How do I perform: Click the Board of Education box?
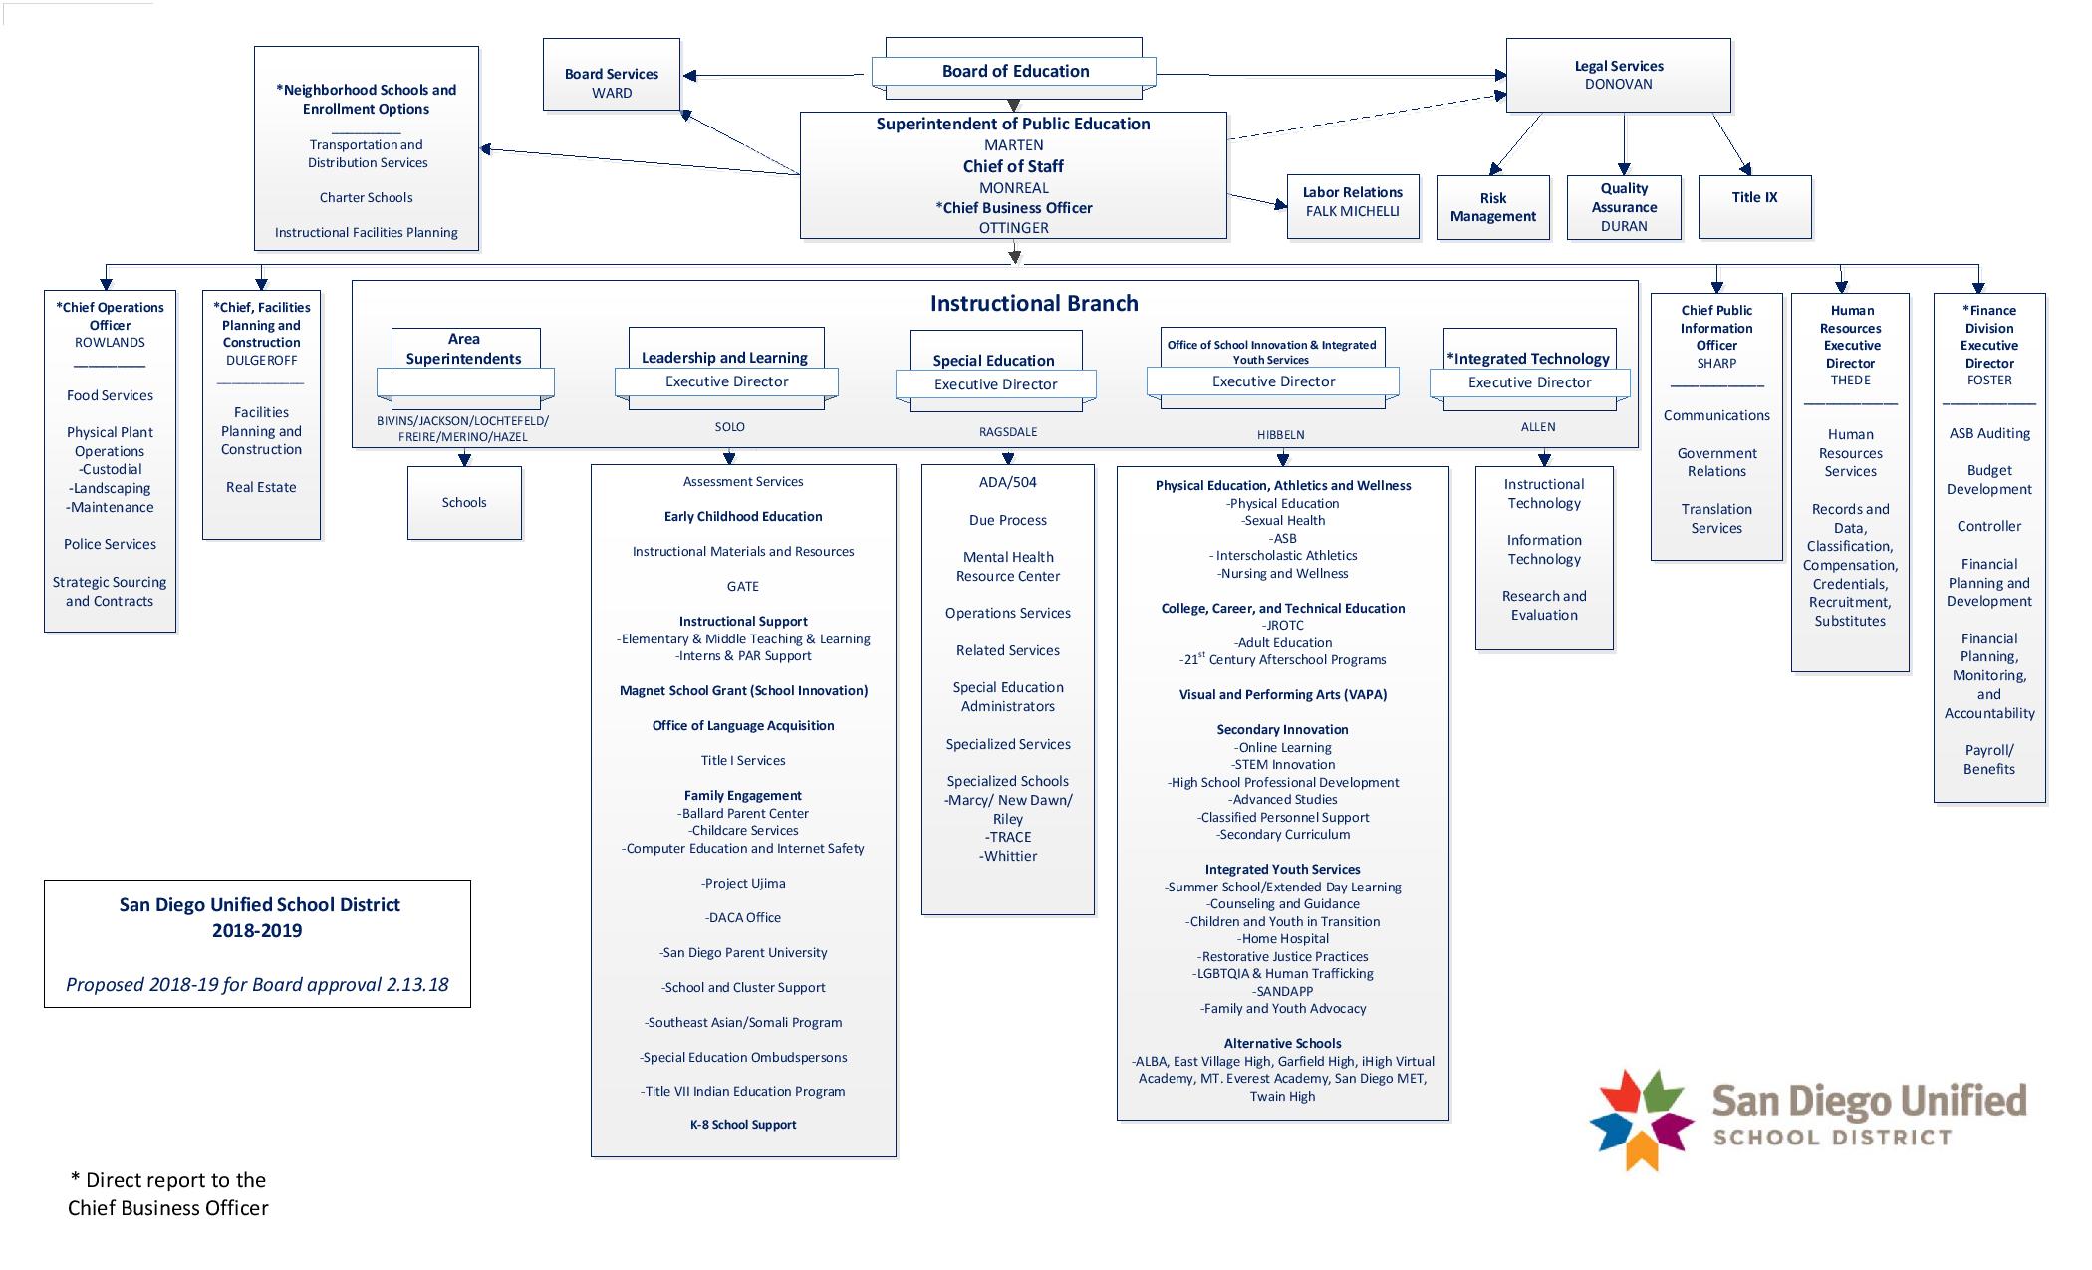(x=1014, y=71)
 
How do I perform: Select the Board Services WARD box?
(x=612, y=83)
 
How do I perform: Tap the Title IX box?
(x=1754, y=198)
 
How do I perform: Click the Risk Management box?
(x=1492, y=207)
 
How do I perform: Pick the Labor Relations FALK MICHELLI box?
(x=1352, y=202)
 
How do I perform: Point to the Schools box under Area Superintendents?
(x=464, y=503)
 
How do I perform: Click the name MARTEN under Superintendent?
(x=1013, y=145)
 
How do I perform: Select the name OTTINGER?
(x=1013, y=228)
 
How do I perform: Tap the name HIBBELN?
(x=1280, y=435)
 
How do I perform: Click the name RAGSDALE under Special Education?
(x=1007, y=432)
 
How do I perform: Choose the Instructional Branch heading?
(x=1033, y=304)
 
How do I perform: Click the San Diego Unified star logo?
(x=1642, y=1120)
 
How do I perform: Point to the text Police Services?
(x=110, y=545)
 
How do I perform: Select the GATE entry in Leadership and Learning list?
(x=742, y=587)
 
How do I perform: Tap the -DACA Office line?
(x=742, y=918)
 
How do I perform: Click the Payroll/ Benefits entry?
(x=1988, y=760)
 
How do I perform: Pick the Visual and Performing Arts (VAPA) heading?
(x=1282, y=695)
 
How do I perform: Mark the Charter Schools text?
(x=366, y=198)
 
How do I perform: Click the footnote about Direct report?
(x=168, y=1194)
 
